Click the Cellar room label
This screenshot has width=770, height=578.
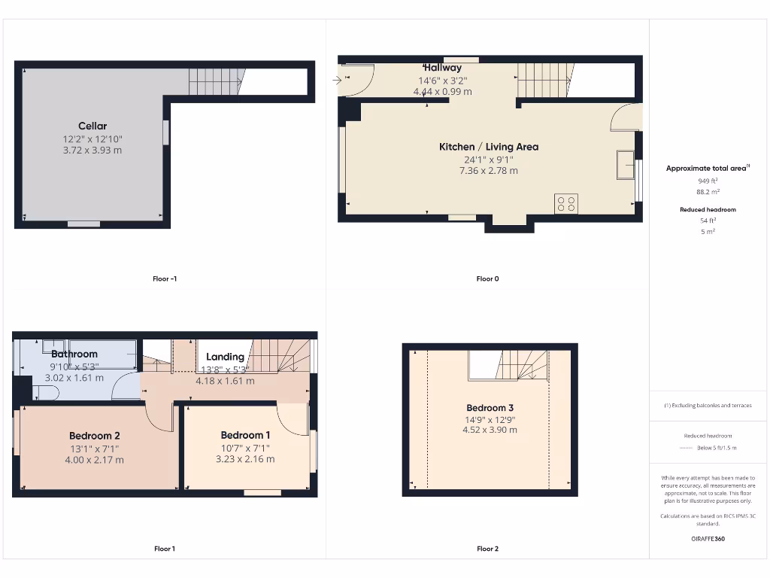(92, 126)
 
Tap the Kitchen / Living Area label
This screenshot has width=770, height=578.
(489, 147)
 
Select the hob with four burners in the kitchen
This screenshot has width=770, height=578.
(565, 203)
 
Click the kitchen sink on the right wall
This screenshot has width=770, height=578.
(624, 165)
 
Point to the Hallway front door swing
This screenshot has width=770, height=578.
(356, 80)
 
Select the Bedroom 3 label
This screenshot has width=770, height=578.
(490, 408)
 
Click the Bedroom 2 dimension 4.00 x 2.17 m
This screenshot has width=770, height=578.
(95, 460)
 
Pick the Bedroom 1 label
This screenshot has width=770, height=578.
(245, 435)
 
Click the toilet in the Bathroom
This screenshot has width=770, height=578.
(45, 393)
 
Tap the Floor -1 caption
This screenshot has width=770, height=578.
(165, 278)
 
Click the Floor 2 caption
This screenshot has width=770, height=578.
(487, 549)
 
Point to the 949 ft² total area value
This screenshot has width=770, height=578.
(707, 181)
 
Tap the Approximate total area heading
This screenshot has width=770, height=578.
(706, 169)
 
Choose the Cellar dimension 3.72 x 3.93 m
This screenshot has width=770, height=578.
(92, 151)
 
